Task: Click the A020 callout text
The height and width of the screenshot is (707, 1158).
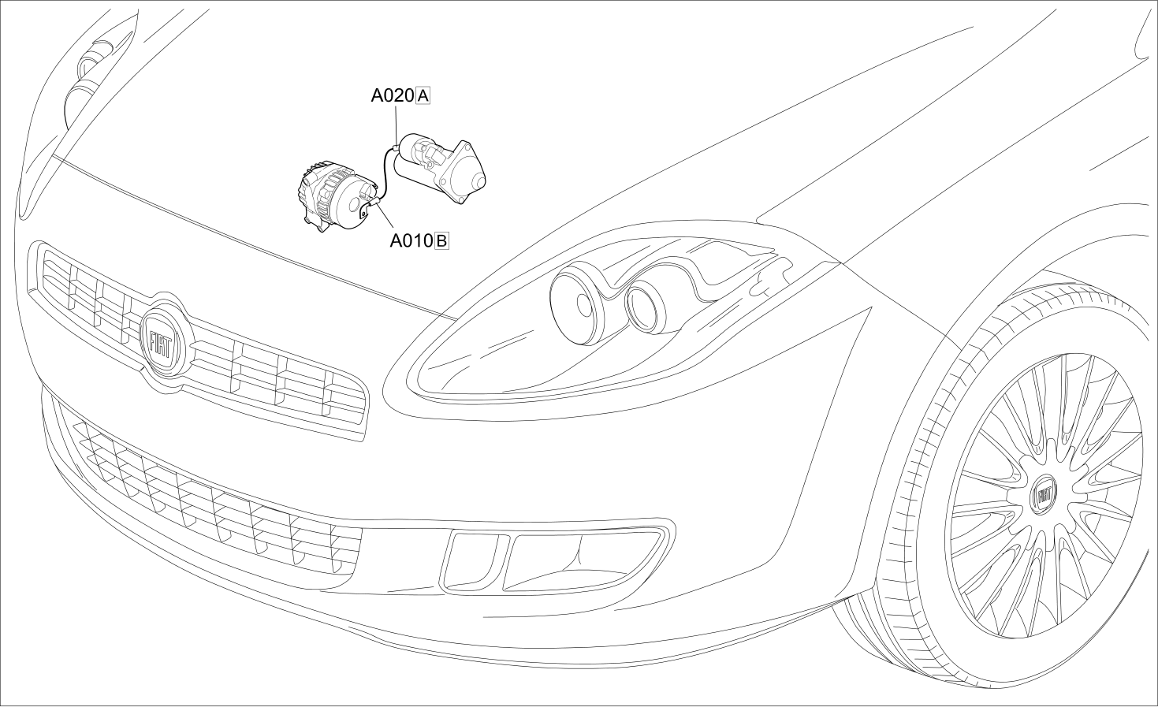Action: [x=393, y=95]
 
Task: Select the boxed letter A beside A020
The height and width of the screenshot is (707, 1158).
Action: [x=423, y=95]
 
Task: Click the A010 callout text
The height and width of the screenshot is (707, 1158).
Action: [x=411, y=241]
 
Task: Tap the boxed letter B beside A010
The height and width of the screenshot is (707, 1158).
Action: [x=441, y=241]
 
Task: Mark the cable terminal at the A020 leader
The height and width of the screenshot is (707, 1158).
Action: [x=397, y=147]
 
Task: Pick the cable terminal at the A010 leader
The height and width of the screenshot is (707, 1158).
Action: [x=373, y=203]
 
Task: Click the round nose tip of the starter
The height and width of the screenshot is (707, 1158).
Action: [x=478, y=182]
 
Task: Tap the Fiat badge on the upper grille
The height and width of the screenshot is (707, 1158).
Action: [x=163, y=340]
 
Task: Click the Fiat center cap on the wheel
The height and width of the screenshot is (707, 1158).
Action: [x=1044, y=495]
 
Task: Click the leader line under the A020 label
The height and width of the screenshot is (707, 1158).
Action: [x=397, y=124]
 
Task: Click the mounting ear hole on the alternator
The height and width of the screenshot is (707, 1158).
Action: [x=364, y=210]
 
